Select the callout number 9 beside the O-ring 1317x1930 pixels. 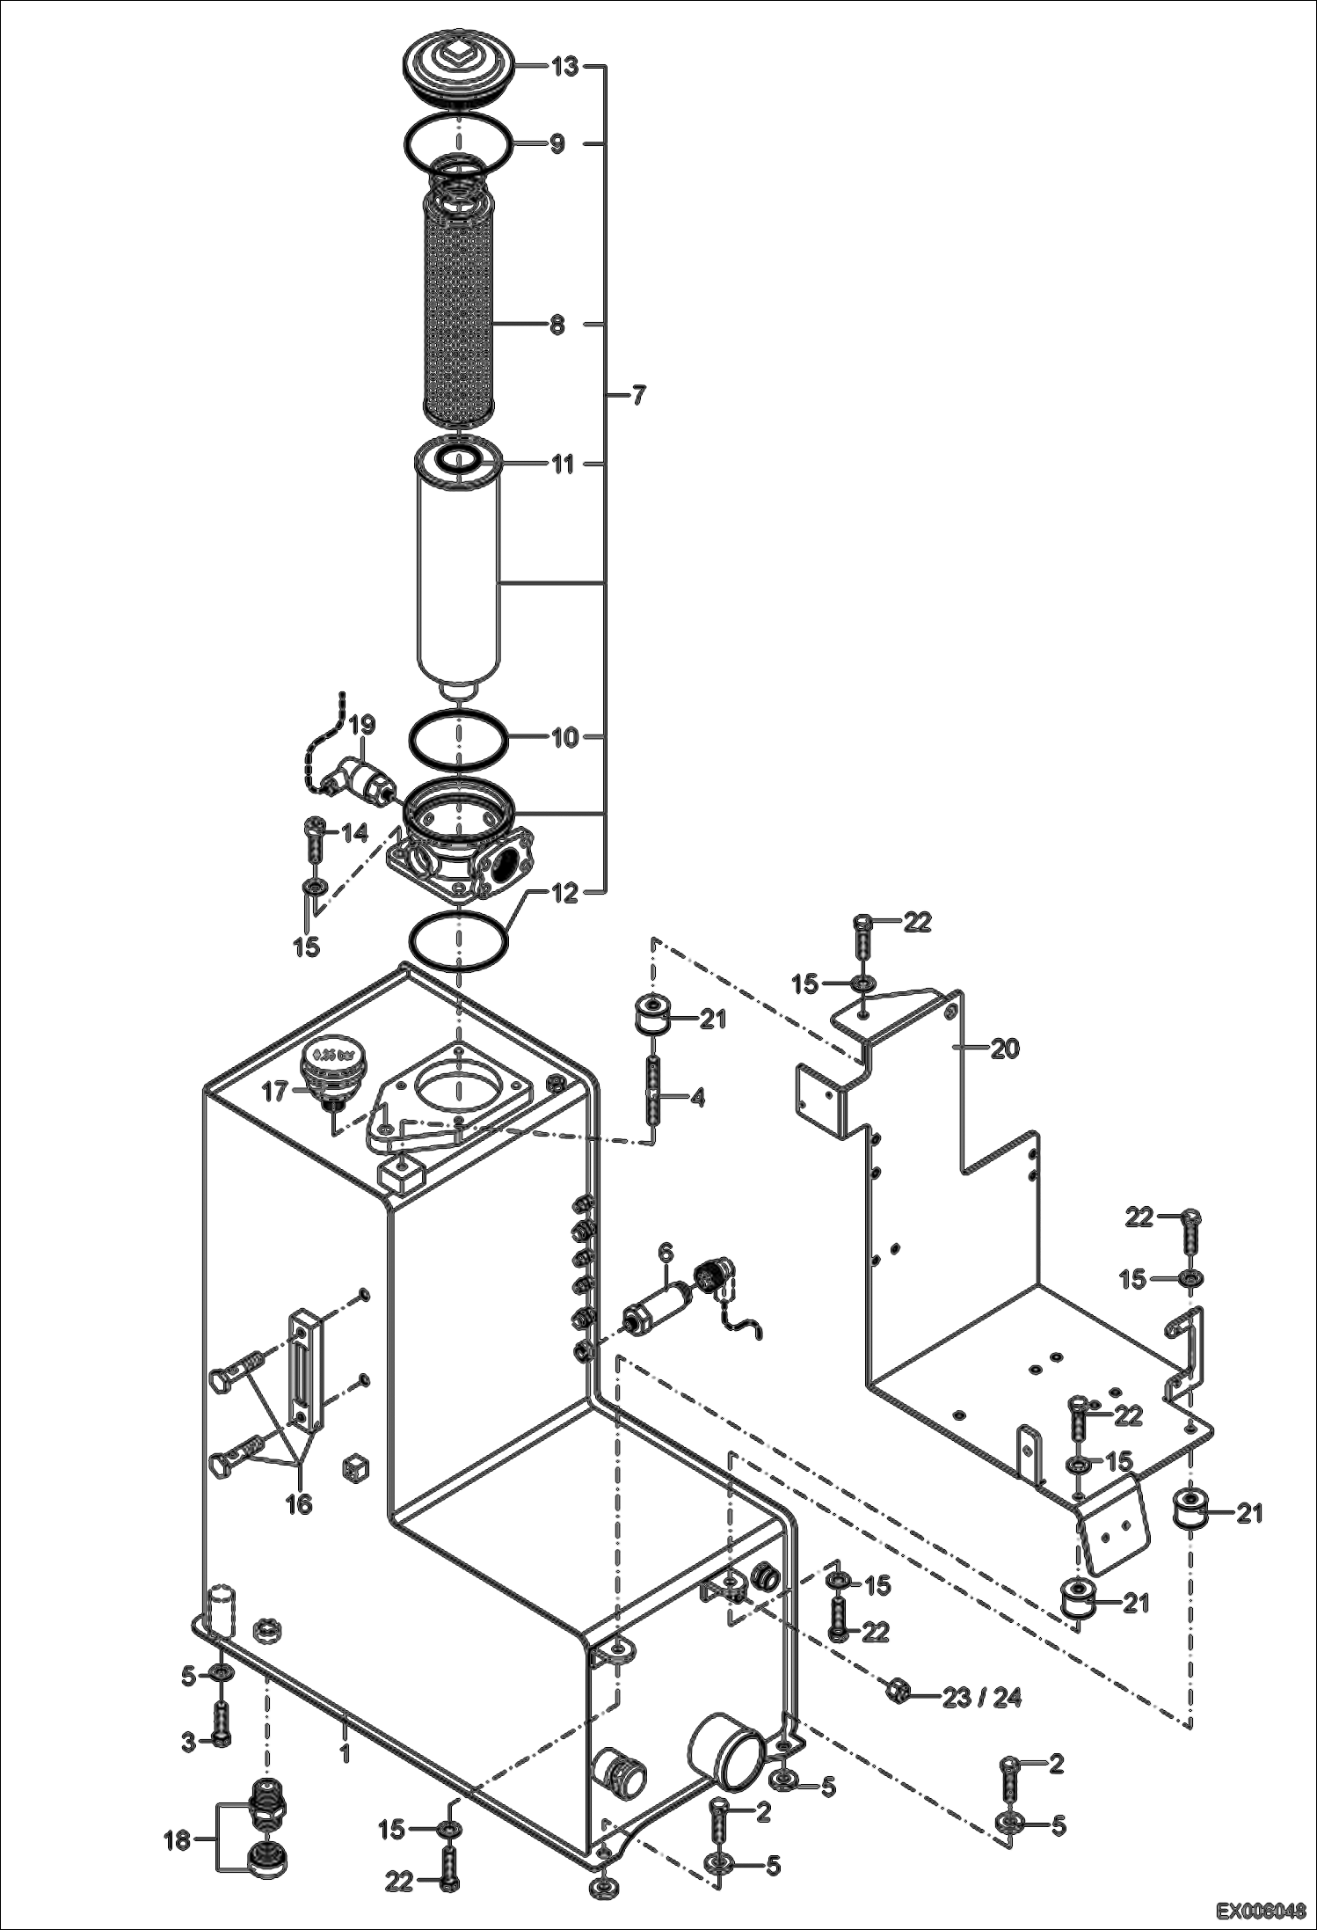(557, 144)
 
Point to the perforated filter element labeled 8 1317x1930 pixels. (459, 303)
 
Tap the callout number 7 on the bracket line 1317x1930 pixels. (638, 396)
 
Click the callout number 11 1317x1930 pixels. (562, 464)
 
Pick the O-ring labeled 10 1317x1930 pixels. (458, 737)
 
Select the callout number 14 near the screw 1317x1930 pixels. (354, 832)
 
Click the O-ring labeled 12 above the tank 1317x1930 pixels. (458, 943)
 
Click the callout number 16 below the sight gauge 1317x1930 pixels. (299, 1504)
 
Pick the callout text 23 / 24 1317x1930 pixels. (982, 1697)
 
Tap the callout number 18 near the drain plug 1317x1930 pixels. (178, 1839)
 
